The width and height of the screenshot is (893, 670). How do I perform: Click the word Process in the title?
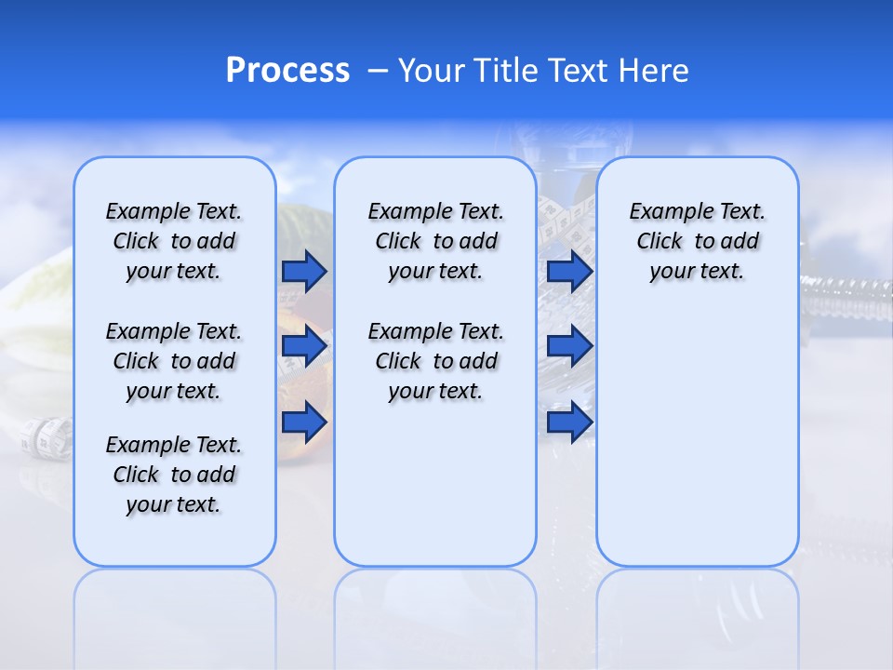pos(287,71)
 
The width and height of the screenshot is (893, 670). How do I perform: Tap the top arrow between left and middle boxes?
pos(304,271)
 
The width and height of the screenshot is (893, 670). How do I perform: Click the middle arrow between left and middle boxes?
pos(304,346)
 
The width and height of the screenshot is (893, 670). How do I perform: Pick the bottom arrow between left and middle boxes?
pos(304,422)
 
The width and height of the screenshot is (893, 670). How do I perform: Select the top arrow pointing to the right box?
pos(569,271)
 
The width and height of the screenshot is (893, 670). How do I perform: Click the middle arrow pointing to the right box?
pos(569,346)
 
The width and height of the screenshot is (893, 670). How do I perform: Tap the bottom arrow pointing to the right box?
pos(569,422)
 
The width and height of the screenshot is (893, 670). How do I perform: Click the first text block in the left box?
pos(174,241)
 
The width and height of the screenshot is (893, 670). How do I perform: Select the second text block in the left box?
pos(174,361)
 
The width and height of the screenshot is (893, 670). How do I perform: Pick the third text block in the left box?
pos(174,475)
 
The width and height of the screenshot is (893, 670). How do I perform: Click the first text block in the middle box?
pos(435,241)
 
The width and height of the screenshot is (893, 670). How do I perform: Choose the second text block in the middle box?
pos(435,361)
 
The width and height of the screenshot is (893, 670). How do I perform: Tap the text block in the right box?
pos(697,241)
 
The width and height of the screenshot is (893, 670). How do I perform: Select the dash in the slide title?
pos(378,71)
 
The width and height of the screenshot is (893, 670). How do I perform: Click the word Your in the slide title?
pos(432,71)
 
